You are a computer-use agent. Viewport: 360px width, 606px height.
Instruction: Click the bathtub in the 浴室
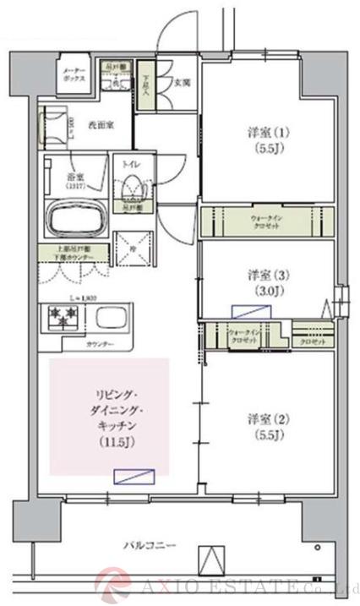tap(74, 221)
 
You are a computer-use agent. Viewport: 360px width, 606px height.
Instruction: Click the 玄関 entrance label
tap(180, 83)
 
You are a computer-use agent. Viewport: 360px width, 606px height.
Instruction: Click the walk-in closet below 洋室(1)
tap(267, 221)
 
